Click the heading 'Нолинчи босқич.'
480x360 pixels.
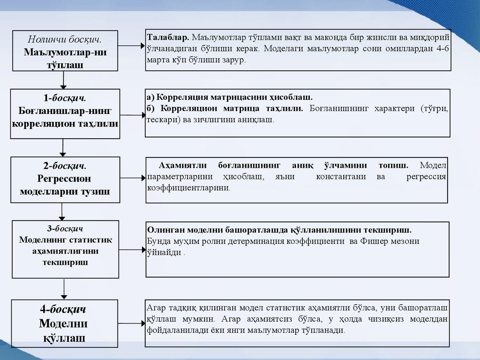[65, 39]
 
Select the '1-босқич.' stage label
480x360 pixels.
[65, 98]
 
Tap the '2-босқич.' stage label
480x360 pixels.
[65, 166]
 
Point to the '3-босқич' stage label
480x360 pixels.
[65, 229]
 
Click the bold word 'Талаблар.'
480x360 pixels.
[168, 37]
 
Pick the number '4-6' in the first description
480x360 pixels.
[442, 49]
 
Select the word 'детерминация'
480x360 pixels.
[262, 241]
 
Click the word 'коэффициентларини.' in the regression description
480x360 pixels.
[188, 188]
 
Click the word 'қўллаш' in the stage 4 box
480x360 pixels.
[65, 338]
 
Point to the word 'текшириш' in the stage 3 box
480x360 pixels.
[65, 262]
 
